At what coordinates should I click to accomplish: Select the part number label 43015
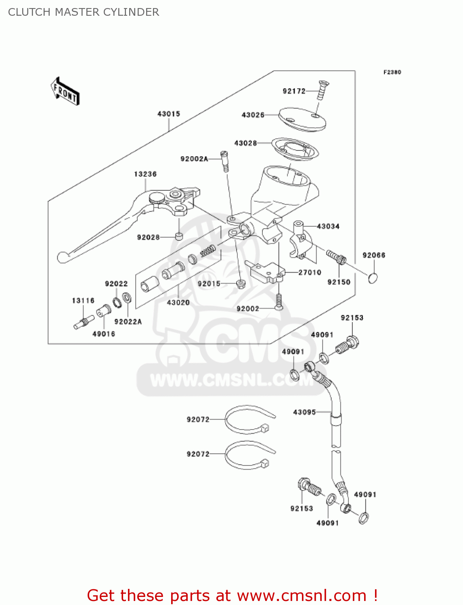(169, 114)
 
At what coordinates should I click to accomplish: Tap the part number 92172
(294, 91)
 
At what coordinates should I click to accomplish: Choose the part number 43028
(245, 143)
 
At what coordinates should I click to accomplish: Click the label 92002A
(194, 159)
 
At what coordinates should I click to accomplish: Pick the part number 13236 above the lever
(145, 174)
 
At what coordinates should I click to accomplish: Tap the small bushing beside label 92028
(179, 236)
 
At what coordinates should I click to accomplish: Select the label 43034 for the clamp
(328, 227)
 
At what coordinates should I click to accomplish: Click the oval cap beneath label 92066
(373, 278)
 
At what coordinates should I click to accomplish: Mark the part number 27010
(310, 273)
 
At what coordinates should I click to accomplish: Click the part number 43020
(178, 302)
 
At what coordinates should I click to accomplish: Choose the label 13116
(83, 301)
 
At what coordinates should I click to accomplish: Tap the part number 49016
(104, 334)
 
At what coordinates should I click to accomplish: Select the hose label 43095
(304, 412)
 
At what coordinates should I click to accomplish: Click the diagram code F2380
(392, 72)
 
